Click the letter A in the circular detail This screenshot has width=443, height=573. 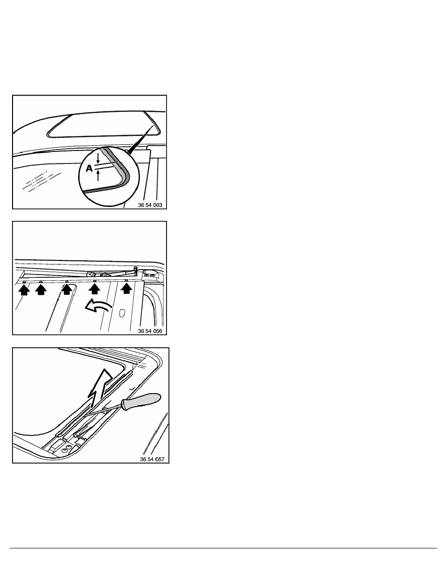(89, 168)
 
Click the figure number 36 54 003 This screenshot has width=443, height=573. (150, 205)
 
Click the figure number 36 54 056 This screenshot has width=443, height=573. (150, 331)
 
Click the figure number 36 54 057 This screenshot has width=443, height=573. (152, 459)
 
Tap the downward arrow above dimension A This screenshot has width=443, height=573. (97, 159)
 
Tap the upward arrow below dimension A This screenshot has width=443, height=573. (97, 176)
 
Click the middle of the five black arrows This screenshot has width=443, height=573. (67, 289)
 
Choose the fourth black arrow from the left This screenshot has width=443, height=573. (95, 289)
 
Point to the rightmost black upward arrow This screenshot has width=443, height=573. (126, 289)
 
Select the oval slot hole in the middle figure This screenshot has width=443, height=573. (122, 313)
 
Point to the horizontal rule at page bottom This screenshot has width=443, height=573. (223, 548)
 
